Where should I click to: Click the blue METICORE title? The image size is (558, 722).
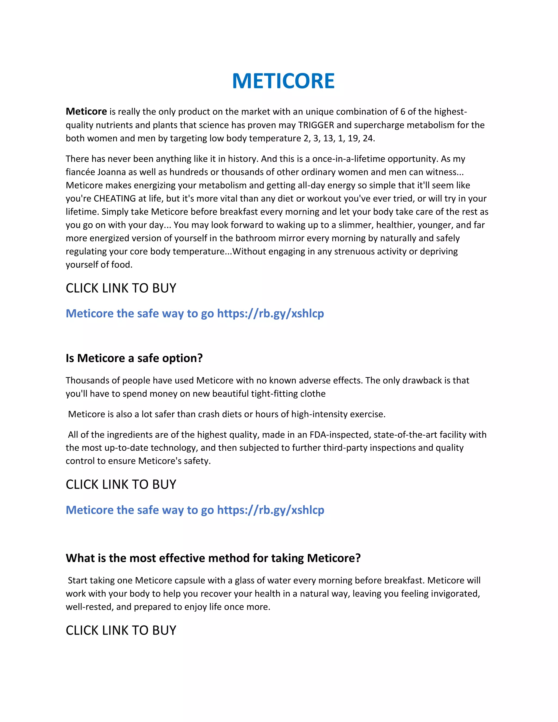[x=283, y=81]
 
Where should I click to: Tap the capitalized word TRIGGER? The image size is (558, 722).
[x=316, y=125]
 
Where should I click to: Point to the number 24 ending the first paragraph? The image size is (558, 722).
[x=368, y=138]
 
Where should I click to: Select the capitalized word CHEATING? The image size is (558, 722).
[x=115, y=198]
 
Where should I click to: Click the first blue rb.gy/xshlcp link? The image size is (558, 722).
[x=270, y=313]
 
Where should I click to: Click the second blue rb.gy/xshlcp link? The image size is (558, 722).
[x=270, y=510]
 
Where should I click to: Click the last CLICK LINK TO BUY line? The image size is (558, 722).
[x=121, y=630]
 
